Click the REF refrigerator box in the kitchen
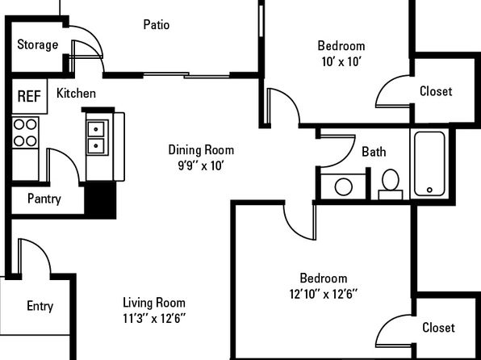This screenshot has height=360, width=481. pos(27,95)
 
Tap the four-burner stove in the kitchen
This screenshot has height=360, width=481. pos(26,132)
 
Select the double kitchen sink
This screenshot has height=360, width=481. pos(98,137)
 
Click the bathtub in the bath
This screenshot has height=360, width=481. pos(433,164)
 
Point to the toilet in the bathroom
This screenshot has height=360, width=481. pos(391,183)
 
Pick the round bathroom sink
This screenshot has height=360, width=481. pos(343,187)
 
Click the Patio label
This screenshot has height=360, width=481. pos(157,25)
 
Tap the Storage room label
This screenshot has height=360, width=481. pos(37,44)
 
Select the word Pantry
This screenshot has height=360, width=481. pos(44,199)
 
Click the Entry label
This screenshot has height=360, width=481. pos(40,306)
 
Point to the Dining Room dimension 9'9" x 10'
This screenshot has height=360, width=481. pos(201,165)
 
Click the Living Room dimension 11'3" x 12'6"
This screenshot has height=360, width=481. pos(154,318)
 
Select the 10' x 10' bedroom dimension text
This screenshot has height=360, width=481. pos(341,61)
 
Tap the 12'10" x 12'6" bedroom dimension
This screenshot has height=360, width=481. pos(323,293)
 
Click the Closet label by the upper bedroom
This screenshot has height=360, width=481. pos(436,91)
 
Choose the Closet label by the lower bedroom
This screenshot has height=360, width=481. pos(438,328)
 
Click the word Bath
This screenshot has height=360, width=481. pos(374,151)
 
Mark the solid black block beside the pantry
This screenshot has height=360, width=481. pos(101,200)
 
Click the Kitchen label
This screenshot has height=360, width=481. pos(76,94)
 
